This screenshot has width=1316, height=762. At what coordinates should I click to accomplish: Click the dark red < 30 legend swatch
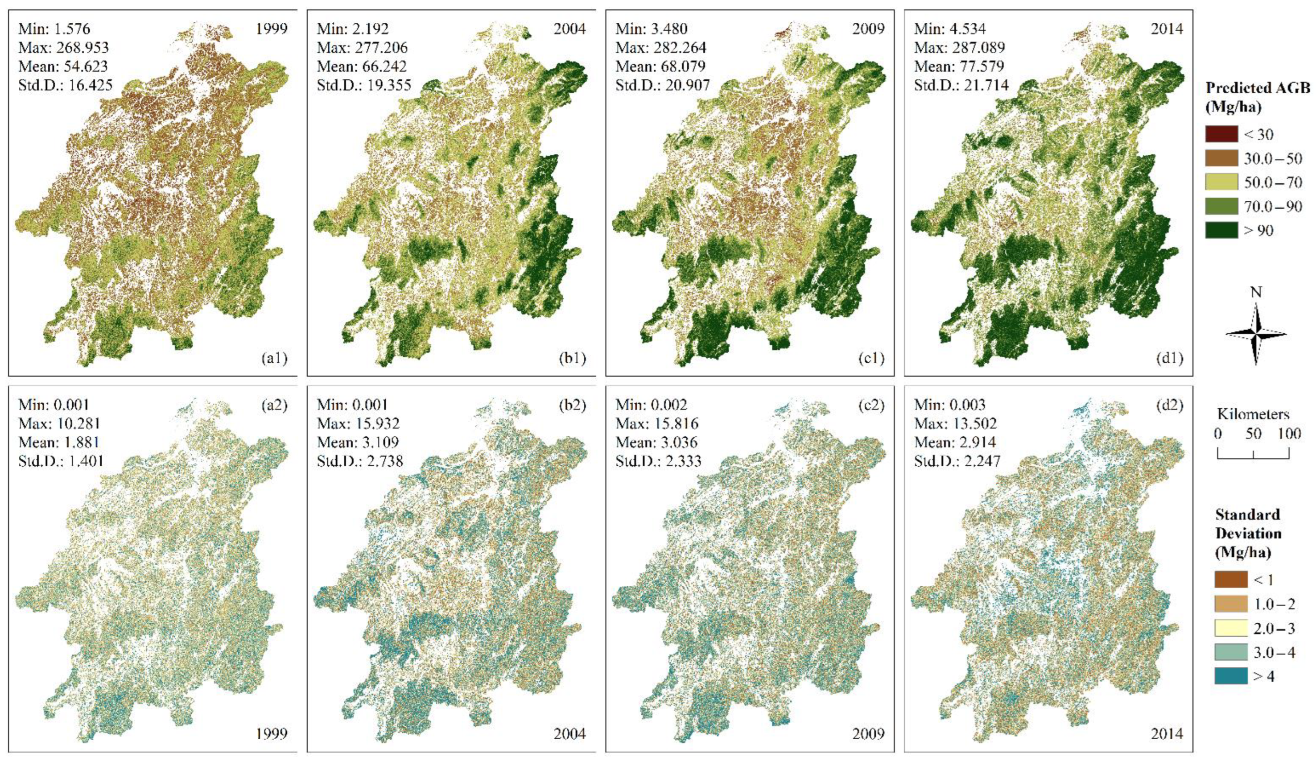[x=1221, y=134]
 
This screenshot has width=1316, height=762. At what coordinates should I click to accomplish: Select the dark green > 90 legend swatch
[x=1221, y=230]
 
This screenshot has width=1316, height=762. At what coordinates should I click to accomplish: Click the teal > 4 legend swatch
[x=1231, y=676]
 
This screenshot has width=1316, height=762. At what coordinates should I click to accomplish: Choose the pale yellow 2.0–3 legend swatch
[x=1231, y=628]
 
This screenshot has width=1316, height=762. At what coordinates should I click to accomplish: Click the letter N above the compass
[x=1256, y=293]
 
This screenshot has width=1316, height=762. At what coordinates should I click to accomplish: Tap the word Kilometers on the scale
[x=1253, y=415]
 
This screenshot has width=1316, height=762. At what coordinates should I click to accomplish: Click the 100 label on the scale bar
[x=1289, y=434]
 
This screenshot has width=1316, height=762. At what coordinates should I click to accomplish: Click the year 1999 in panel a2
[x=272, y=734]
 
